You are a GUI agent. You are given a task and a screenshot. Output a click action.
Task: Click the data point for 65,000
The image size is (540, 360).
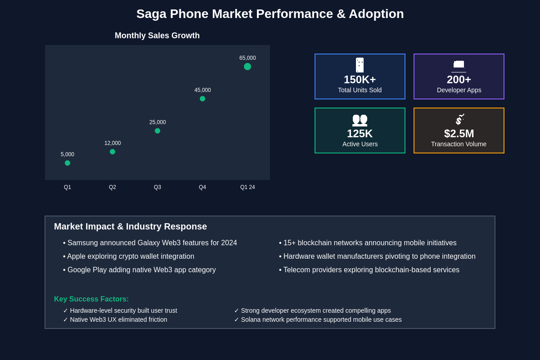[247, 67]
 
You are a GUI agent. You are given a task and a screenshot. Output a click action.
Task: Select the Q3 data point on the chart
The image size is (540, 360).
[157, 131]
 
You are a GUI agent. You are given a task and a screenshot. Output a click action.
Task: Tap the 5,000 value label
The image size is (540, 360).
[67, 154]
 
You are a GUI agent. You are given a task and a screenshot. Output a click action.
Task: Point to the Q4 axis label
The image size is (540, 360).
[202, 187]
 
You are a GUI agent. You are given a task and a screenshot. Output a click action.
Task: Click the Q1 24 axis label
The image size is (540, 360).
[247, 187]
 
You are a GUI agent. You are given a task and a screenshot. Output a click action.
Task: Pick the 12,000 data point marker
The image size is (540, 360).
[112, 152]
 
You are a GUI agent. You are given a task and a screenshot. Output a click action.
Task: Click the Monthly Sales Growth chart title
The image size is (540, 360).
[157, 36]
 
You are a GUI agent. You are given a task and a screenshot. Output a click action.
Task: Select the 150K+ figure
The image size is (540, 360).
[360, 80]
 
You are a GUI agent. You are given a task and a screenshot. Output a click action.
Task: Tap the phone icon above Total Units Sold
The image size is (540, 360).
[360, 65]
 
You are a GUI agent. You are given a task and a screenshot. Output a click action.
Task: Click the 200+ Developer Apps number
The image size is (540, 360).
[459, 80]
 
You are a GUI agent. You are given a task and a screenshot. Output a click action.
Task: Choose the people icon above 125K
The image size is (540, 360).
[360, 119]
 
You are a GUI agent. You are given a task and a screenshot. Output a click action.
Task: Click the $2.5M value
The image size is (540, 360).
[459, 134]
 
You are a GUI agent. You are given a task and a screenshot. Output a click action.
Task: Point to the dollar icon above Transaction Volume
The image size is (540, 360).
[459, 119]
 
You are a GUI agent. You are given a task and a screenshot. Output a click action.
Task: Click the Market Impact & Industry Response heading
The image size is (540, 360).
[130, 227]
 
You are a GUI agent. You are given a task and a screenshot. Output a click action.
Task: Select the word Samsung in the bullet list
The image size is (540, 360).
[83, 243]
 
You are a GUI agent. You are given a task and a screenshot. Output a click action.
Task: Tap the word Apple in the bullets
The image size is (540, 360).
[76, 256]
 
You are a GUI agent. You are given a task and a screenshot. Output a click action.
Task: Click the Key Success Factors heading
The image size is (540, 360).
[91, 299]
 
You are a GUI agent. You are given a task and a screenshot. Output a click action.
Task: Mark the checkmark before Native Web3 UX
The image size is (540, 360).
[66, 319]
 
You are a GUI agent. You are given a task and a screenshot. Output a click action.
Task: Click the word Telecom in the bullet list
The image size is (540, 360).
[297, 270]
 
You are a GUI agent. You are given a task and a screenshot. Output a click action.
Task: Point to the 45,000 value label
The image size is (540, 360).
[202, 90]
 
